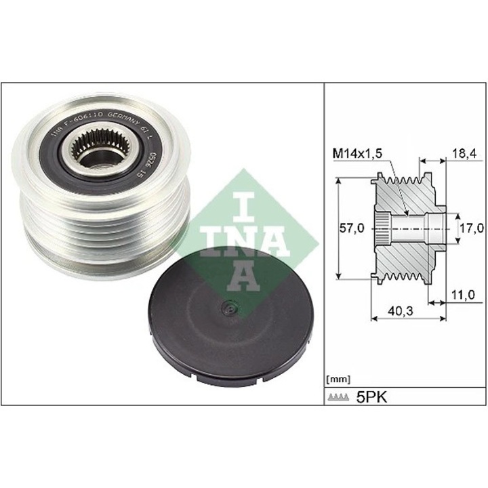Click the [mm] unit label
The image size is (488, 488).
pos(337,378)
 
